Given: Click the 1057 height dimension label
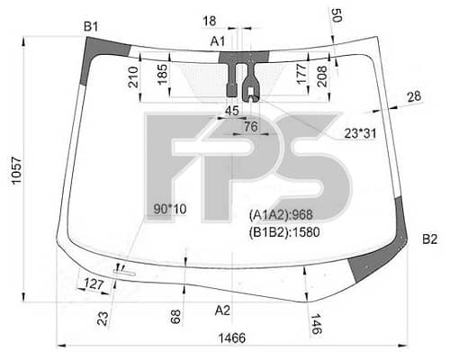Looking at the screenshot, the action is [x=16, y=170].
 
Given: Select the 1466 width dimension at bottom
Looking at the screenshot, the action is [x=232, y=338].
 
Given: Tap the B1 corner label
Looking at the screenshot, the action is [x=91, y=27].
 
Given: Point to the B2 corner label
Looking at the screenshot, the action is [x=429, y=239].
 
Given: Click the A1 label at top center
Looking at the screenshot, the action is [x=218, y=41].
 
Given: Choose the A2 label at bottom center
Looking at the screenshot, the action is [x=222, y=310].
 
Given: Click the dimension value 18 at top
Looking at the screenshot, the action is [x=210, y=21].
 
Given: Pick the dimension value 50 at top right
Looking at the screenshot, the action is [x=337, y=15].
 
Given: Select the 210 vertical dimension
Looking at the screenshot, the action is [x=133, y=77].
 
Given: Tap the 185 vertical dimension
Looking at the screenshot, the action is [x=162, y=75].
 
